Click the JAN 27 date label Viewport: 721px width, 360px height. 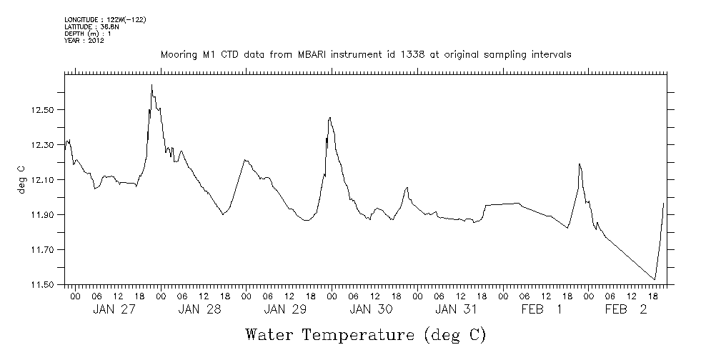point(114,309)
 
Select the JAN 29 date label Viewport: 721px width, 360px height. point(285,309)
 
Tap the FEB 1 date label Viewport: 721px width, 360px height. point(541,309)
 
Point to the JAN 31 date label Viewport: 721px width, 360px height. point(457,309)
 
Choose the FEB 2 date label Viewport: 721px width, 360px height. point(626,309)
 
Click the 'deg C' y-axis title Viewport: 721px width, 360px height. point(21,179)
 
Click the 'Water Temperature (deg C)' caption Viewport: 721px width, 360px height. point(365,334)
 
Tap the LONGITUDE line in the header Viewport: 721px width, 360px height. point(105,19)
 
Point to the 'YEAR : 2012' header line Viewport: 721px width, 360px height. point(85,41)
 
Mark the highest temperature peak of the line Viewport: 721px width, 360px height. point(151,85)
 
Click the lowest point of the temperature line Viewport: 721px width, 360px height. point(655,280)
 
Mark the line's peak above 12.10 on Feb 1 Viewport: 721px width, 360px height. point(580,164)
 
